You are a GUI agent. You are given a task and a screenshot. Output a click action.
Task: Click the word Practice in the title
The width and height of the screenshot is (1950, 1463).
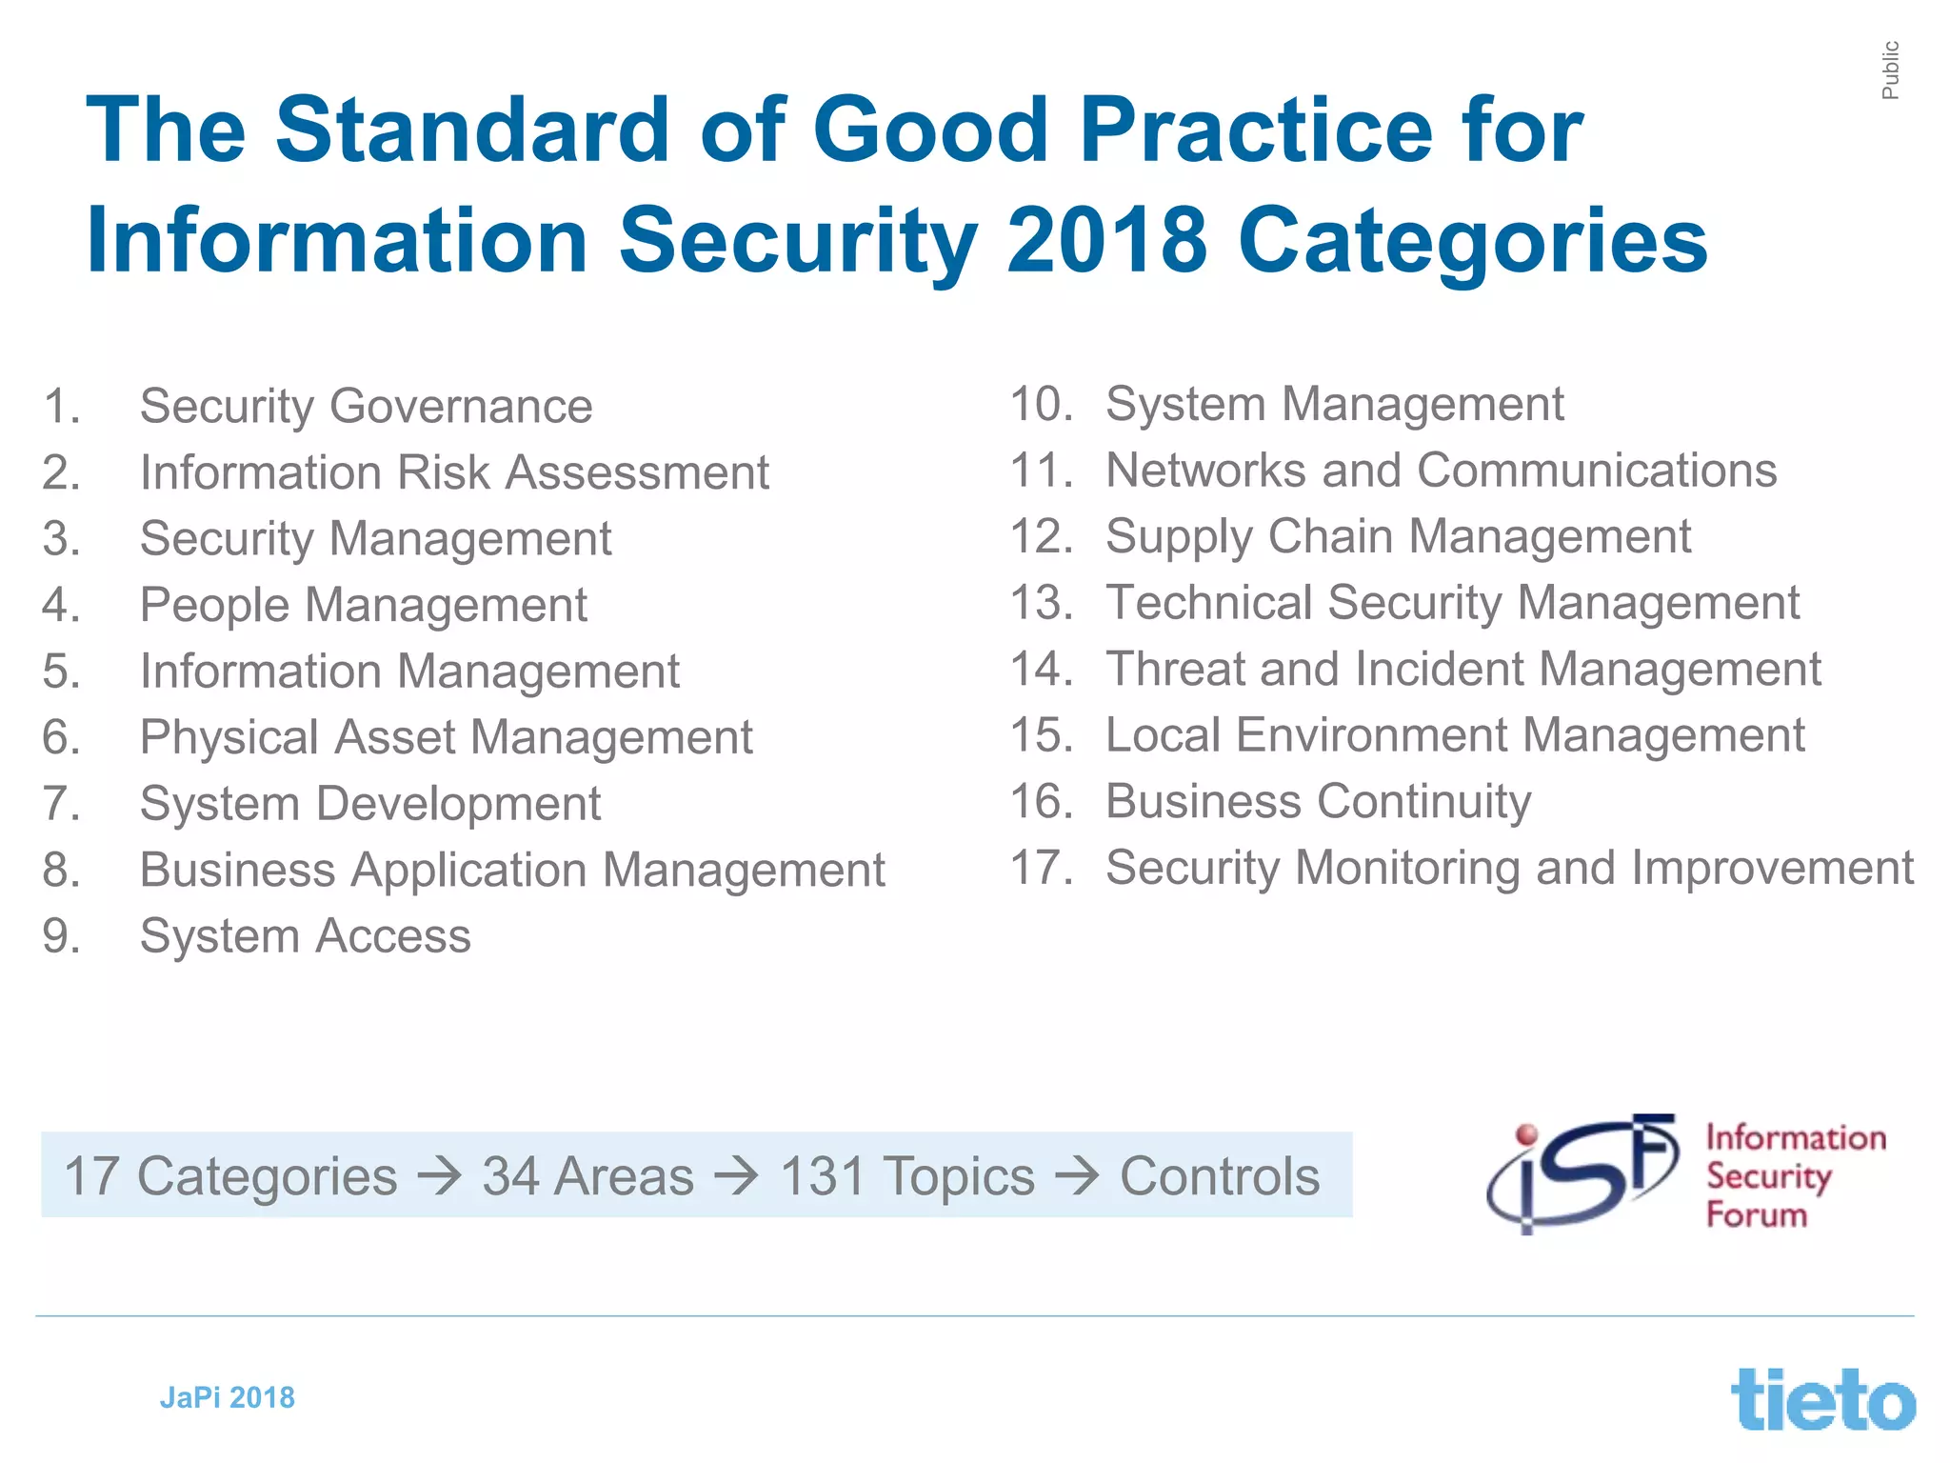[1255, 131]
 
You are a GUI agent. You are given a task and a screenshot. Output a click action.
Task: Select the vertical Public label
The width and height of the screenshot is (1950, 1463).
[1890, 70]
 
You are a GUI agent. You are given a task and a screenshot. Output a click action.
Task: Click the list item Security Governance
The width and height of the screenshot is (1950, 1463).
[366, 407]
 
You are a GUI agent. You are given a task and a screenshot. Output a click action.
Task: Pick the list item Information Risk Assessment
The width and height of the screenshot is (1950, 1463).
[454, 472]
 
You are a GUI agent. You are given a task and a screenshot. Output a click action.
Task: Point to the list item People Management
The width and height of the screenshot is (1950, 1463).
[363, 605]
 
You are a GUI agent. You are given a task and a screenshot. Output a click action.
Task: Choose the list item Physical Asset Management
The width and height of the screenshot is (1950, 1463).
[446, 737]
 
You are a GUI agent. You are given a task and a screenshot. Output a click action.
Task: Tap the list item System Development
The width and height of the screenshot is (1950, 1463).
[369, 804]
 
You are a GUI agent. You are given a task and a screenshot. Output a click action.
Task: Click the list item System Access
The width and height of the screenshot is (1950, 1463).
[305, 936]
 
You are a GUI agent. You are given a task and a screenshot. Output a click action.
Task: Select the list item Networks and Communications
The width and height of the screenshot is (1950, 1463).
[1441, 471]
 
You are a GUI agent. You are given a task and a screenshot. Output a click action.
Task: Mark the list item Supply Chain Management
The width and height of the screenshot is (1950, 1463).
[1398, 536]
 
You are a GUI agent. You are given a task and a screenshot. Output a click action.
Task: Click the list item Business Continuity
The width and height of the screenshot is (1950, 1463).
[1318, 801]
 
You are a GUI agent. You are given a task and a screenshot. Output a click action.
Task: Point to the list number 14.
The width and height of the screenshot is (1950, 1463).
[1041, 669]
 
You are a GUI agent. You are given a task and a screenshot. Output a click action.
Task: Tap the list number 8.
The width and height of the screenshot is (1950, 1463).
[61, 870]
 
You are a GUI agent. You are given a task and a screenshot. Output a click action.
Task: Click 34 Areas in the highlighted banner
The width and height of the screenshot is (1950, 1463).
[587, 1176]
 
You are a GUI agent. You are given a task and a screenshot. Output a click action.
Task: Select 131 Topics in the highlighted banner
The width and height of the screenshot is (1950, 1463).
[906, 1176]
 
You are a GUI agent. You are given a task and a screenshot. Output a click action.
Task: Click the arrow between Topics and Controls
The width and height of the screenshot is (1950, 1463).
[1077, 1176]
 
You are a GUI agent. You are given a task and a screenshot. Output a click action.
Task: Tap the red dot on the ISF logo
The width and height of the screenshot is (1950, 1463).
[1526, 1134]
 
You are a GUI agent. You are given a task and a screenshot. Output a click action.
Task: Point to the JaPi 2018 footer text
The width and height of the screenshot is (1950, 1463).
[227, 1397]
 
